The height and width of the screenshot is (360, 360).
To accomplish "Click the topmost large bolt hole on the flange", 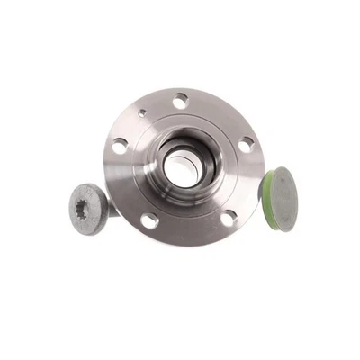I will pos(181,102).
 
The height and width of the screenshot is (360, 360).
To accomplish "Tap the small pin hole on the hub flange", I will pos(142,114).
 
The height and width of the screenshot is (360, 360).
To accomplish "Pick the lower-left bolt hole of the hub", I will pos(148,220).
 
